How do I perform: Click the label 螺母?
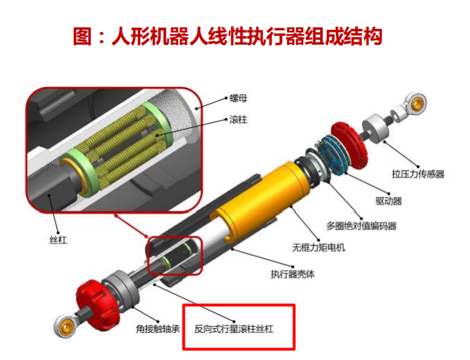tap(238, 98)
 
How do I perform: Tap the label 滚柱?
tap(238, 120)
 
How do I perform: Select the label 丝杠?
tap(58, 240)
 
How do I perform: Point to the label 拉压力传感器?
tap(418, 174)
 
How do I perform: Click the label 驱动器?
tap(388, 200)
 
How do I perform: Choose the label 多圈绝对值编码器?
tap(361, 226)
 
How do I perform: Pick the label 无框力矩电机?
tap(319, 247)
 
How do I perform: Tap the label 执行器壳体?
tap(292, 274)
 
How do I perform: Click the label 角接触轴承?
tap(158, 329)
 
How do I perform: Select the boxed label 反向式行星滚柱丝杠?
tap(234, 329)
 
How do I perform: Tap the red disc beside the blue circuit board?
tap(350, 145)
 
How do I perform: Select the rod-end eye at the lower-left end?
tap(64, 326)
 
